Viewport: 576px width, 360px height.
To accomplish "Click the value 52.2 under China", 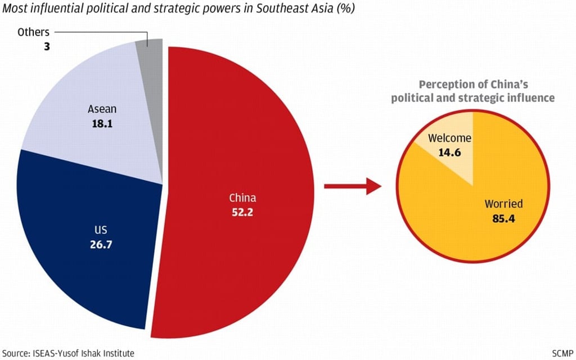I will [x=242, y=212].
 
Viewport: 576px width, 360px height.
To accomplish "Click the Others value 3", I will [x=47, y=47].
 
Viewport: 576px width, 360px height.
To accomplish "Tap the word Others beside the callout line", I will [x=33, y=32].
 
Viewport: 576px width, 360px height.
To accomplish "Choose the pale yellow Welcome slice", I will [x=444, y=152].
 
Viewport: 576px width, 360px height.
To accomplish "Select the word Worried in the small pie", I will [x=504, y=204].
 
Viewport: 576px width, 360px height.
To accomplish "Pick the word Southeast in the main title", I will [x=262, y=10].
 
